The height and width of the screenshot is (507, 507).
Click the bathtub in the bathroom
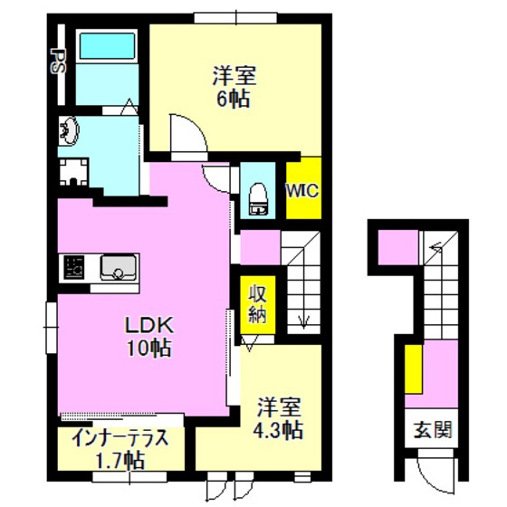pyautogui.click(x=107, y=45)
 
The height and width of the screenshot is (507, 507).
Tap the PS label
pyautogui.click(x=59, y=62)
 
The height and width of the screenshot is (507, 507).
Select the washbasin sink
pyautogui.click(x=69, y=131)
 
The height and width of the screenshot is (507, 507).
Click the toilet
pyautogui.click(x=258, y=199)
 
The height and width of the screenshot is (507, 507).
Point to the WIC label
pyautogui.click(x=303, y=191)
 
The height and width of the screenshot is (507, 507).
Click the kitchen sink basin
pyautogui.click(x=118, y=267)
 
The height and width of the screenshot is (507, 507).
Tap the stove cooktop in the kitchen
pyautogui.click(x=73, y=267)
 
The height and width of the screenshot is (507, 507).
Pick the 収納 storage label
pyautogui.click(x=257, y=304)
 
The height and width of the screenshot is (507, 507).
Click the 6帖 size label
pyautogui.click(x=234, y=99)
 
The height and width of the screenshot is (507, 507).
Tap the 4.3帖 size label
pyautogui.click(x=278, y=430)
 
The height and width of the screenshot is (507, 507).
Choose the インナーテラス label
pyautogui.click(x=120, y=438)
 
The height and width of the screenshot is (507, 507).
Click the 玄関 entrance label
pyautogui.click(x=433, y=430)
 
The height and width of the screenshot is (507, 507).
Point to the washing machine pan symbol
pyautogui.click(x=74, y=172)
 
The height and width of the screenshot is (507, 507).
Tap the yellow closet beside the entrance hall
pyautogui.click(x=414, y=369)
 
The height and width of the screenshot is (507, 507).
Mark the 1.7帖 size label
pyautogui.click(x=120, y=461)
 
